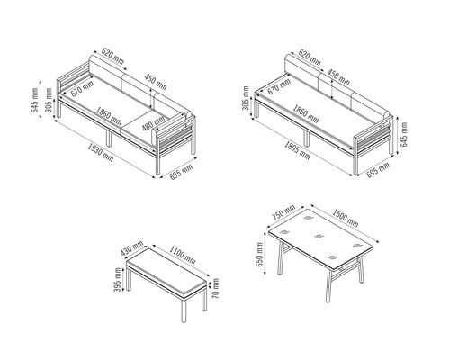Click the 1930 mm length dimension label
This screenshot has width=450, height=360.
(101, 152)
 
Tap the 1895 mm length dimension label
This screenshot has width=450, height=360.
(297, 150)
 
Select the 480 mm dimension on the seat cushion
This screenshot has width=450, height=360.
(154, 123)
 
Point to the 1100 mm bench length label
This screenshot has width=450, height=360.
(183, 256)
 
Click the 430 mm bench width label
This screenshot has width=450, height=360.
(132, 248)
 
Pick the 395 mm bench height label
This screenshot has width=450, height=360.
(118, 280)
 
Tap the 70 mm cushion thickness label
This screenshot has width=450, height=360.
(215, 288)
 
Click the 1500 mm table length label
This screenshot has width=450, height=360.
(345, 218)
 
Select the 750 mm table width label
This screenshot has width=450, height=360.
(283, 212)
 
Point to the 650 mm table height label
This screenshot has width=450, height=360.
(259, 255)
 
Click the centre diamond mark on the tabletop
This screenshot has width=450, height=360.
(319, 237)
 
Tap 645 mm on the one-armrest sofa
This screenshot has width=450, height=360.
(404, 134)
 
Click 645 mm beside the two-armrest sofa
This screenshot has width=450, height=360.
(34, 100)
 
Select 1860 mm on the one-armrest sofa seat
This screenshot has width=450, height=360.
(306, 113)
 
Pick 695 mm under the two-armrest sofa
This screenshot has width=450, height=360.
(181, 172)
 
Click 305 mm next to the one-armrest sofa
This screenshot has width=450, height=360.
(246, 98)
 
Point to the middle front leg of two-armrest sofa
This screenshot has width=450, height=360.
(109, 139)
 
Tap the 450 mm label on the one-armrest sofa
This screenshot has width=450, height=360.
(338, 77)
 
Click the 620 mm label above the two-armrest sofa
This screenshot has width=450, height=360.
(112, 56)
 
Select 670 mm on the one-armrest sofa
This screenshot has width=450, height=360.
(279, 87)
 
